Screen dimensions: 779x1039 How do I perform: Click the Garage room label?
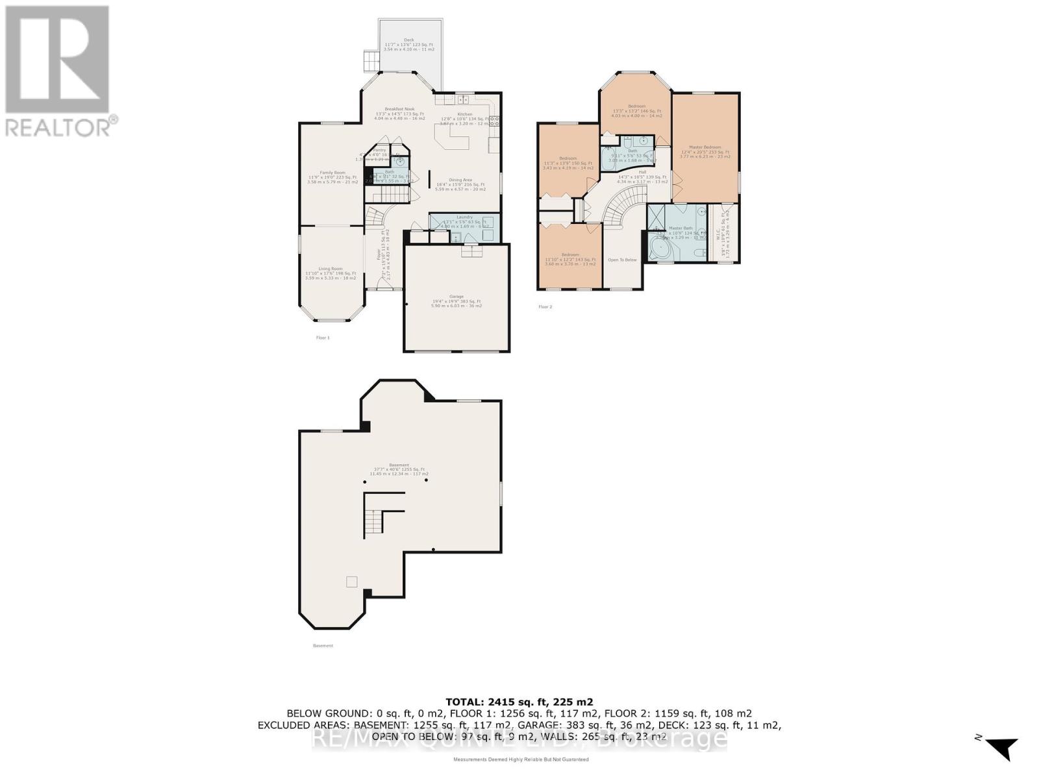coord(457,297)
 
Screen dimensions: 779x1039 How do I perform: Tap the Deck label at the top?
coord(408,40)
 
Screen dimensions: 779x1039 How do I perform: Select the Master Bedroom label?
coord(705,147)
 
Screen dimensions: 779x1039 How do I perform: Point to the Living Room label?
coord(331,269)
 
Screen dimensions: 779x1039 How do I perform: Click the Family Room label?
coord(332,173)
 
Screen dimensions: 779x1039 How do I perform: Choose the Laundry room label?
coord(464,217)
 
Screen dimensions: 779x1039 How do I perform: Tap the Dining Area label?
coord(460,180)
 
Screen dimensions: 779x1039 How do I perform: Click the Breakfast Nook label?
coord(399,109)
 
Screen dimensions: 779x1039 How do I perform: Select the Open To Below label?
coord(622,260)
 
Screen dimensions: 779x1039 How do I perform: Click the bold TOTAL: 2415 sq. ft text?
coord(519,702)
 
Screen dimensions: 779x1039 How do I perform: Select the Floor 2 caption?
coord(545,306)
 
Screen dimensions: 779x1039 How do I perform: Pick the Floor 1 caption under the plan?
coord(323,338)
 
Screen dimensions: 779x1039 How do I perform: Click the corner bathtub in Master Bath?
coord(662,249)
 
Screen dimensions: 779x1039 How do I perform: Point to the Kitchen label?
coord(465,114)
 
